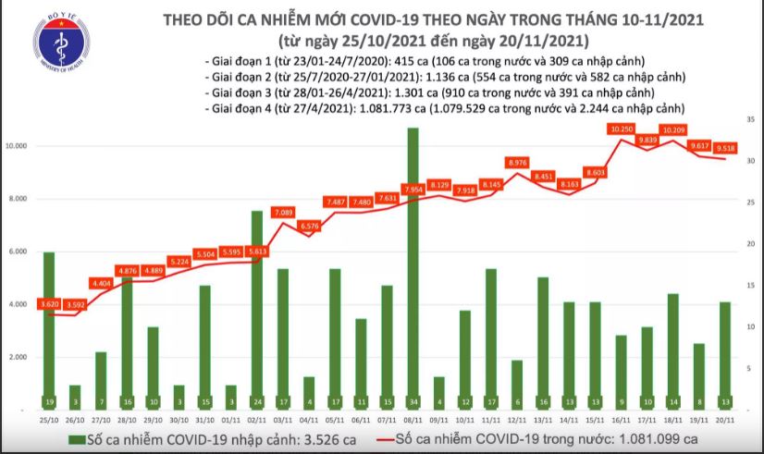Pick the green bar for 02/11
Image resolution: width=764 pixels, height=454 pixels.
click(256, 310)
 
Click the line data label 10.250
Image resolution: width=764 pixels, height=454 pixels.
click(621, 130)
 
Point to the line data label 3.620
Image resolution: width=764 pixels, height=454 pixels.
click(49, 304)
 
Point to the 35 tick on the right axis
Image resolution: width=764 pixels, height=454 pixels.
click(752, 119)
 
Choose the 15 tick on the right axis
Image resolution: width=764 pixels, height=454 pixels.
click(752, 286)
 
